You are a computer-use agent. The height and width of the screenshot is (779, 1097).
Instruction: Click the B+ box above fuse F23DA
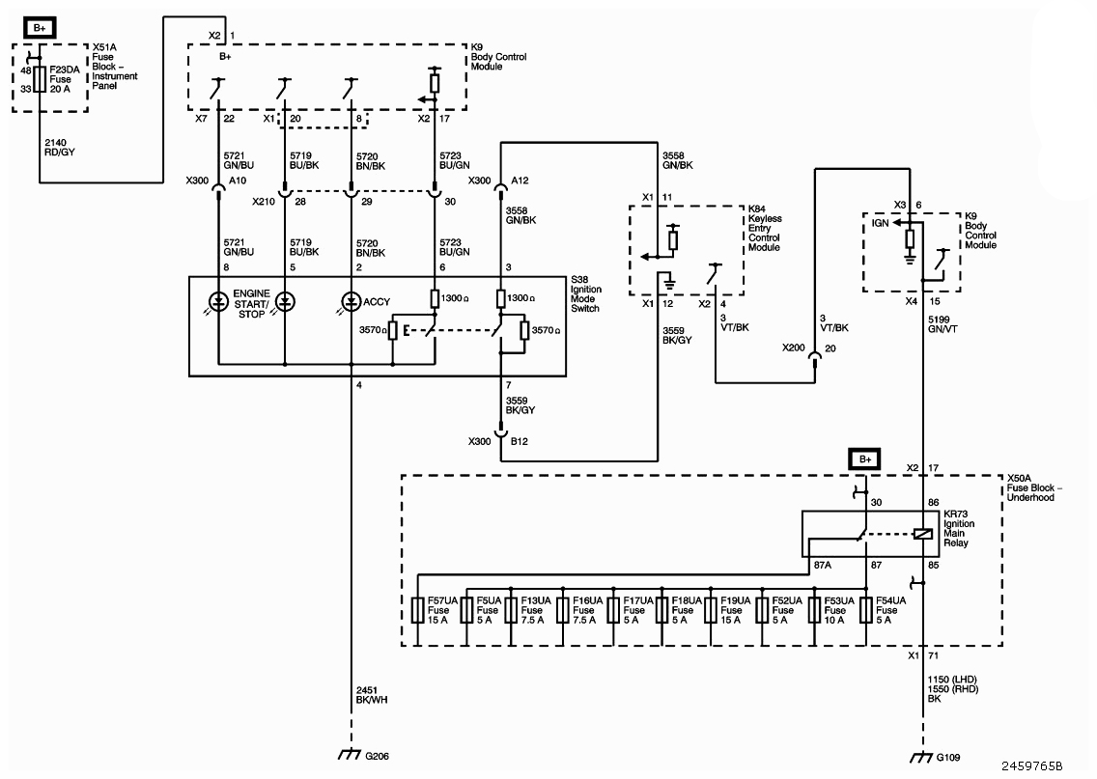point(40,28)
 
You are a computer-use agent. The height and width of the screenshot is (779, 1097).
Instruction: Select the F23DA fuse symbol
point(40,79)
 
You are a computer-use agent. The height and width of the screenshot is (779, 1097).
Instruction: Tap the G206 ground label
point(377,756)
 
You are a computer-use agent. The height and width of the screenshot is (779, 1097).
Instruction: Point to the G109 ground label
point(948,758)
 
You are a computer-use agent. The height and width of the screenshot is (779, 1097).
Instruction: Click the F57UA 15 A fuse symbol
point(418,610)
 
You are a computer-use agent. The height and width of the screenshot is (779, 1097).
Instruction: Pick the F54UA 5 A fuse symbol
point(865,610)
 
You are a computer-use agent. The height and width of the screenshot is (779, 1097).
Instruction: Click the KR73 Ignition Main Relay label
point(959,529)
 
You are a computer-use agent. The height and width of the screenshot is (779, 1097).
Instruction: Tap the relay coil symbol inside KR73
point(923,534)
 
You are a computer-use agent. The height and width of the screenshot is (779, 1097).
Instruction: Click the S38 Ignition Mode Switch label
point(586,293)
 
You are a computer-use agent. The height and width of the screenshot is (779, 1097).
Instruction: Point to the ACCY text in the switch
point(377,302)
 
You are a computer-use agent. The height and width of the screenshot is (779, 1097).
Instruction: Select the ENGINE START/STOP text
point(251,304)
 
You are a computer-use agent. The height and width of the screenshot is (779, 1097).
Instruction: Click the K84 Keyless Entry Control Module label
point(765,228)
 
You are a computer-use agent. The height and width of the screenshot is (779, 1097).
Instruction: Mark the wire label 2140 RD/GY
point(60,148)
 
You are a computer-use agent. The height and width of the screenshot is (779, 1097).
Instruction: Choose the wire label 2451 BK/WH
point(372,695)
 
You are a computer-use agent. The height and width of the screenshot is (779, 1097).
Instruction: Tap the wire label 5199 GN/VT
point(943,324)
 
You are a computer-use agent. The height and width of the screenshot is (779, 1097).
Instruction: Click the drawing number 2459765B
point(1031,766)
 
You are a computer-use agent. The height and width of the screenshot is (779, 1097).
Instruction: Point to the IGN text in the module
point(880,223)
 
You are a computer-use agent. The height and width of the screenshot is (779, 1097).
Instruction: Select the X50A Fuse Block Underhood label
point(1034,488)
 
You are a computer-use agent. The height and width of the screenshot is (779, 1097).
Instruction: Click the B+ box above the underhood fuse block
point(864,459)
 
